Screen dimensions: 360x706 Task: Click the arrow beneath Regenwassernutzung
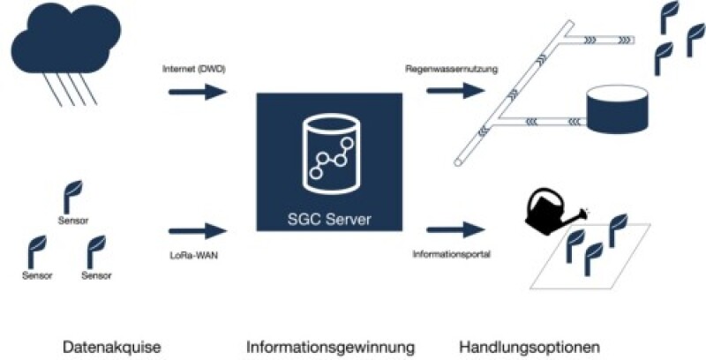point(455,91)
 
